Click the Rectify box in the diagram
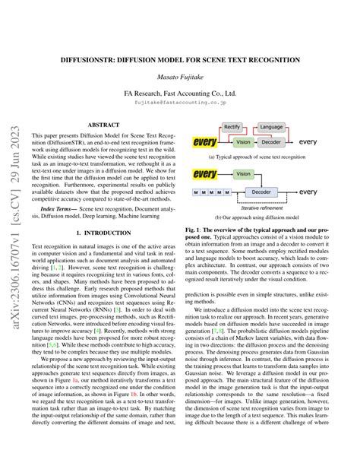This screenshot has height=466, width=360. pyautogui.click(x=233, y=128)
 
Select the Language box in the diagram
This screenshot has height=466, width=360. pyautogui.click(x=270, y=128)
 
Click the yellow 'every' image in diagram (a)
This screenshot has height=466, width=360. pyautogui.click(x=204, y=141)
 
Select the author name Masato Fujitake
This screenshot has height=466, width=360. pyautogui.click(x=180, y=79)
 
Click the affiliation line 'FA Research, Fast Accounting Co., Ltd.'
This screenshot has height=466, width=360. pyautogui.click(x=180, y=95)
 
